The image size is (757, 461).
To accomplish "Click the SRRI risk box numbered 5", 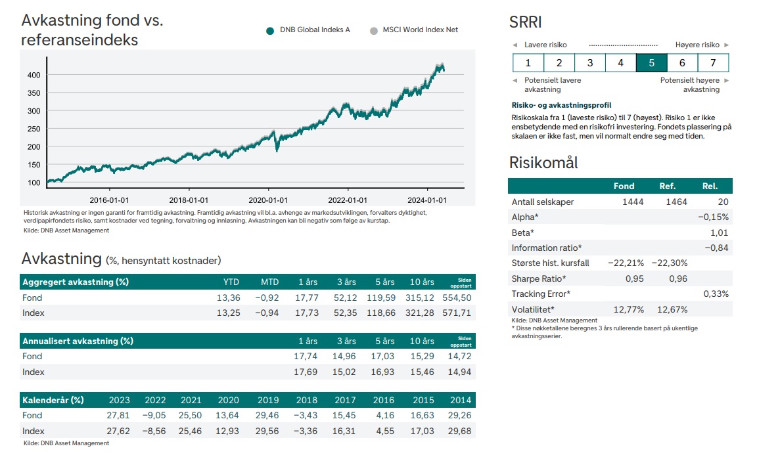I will coord(651,63).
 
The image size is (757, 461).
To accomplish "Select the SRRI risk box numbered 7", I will coord(713,63).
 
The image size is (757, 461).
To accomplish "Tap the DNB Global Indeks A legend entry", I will coord(308,30).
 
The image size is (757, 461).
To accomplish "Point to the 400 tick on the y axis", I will coord(34,75).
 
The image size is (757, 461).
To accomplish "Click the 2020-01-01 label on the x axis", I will coord(268,200).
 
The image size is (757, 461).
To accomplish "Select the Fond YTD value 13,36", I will coord(229,297).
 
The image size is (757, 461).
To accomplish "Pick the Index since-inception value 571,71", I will coord(457,313).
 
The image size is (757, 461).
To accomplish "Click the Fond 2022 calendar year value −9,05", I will coord(155,415).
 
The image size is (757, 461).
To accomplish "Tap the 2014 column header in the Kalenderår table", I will coord(461,400).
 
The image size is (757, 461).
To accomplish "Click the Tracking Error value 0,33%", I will coord(716,294).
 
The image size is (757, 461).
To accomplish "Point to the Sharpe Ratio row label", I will coord(538,278).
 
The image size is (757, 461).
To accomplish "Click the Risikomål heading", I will coord(543,162).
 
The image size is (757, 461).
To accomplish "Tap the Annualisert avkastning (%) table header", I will coord(78,341).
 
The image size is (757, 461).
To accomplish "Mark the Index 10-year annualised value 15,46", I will coord(422,372).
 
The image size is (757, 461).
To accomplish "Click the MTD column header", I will coord(269,282).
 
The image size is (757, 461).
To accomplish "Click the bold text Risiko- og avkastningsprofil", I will coord(561,105).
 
